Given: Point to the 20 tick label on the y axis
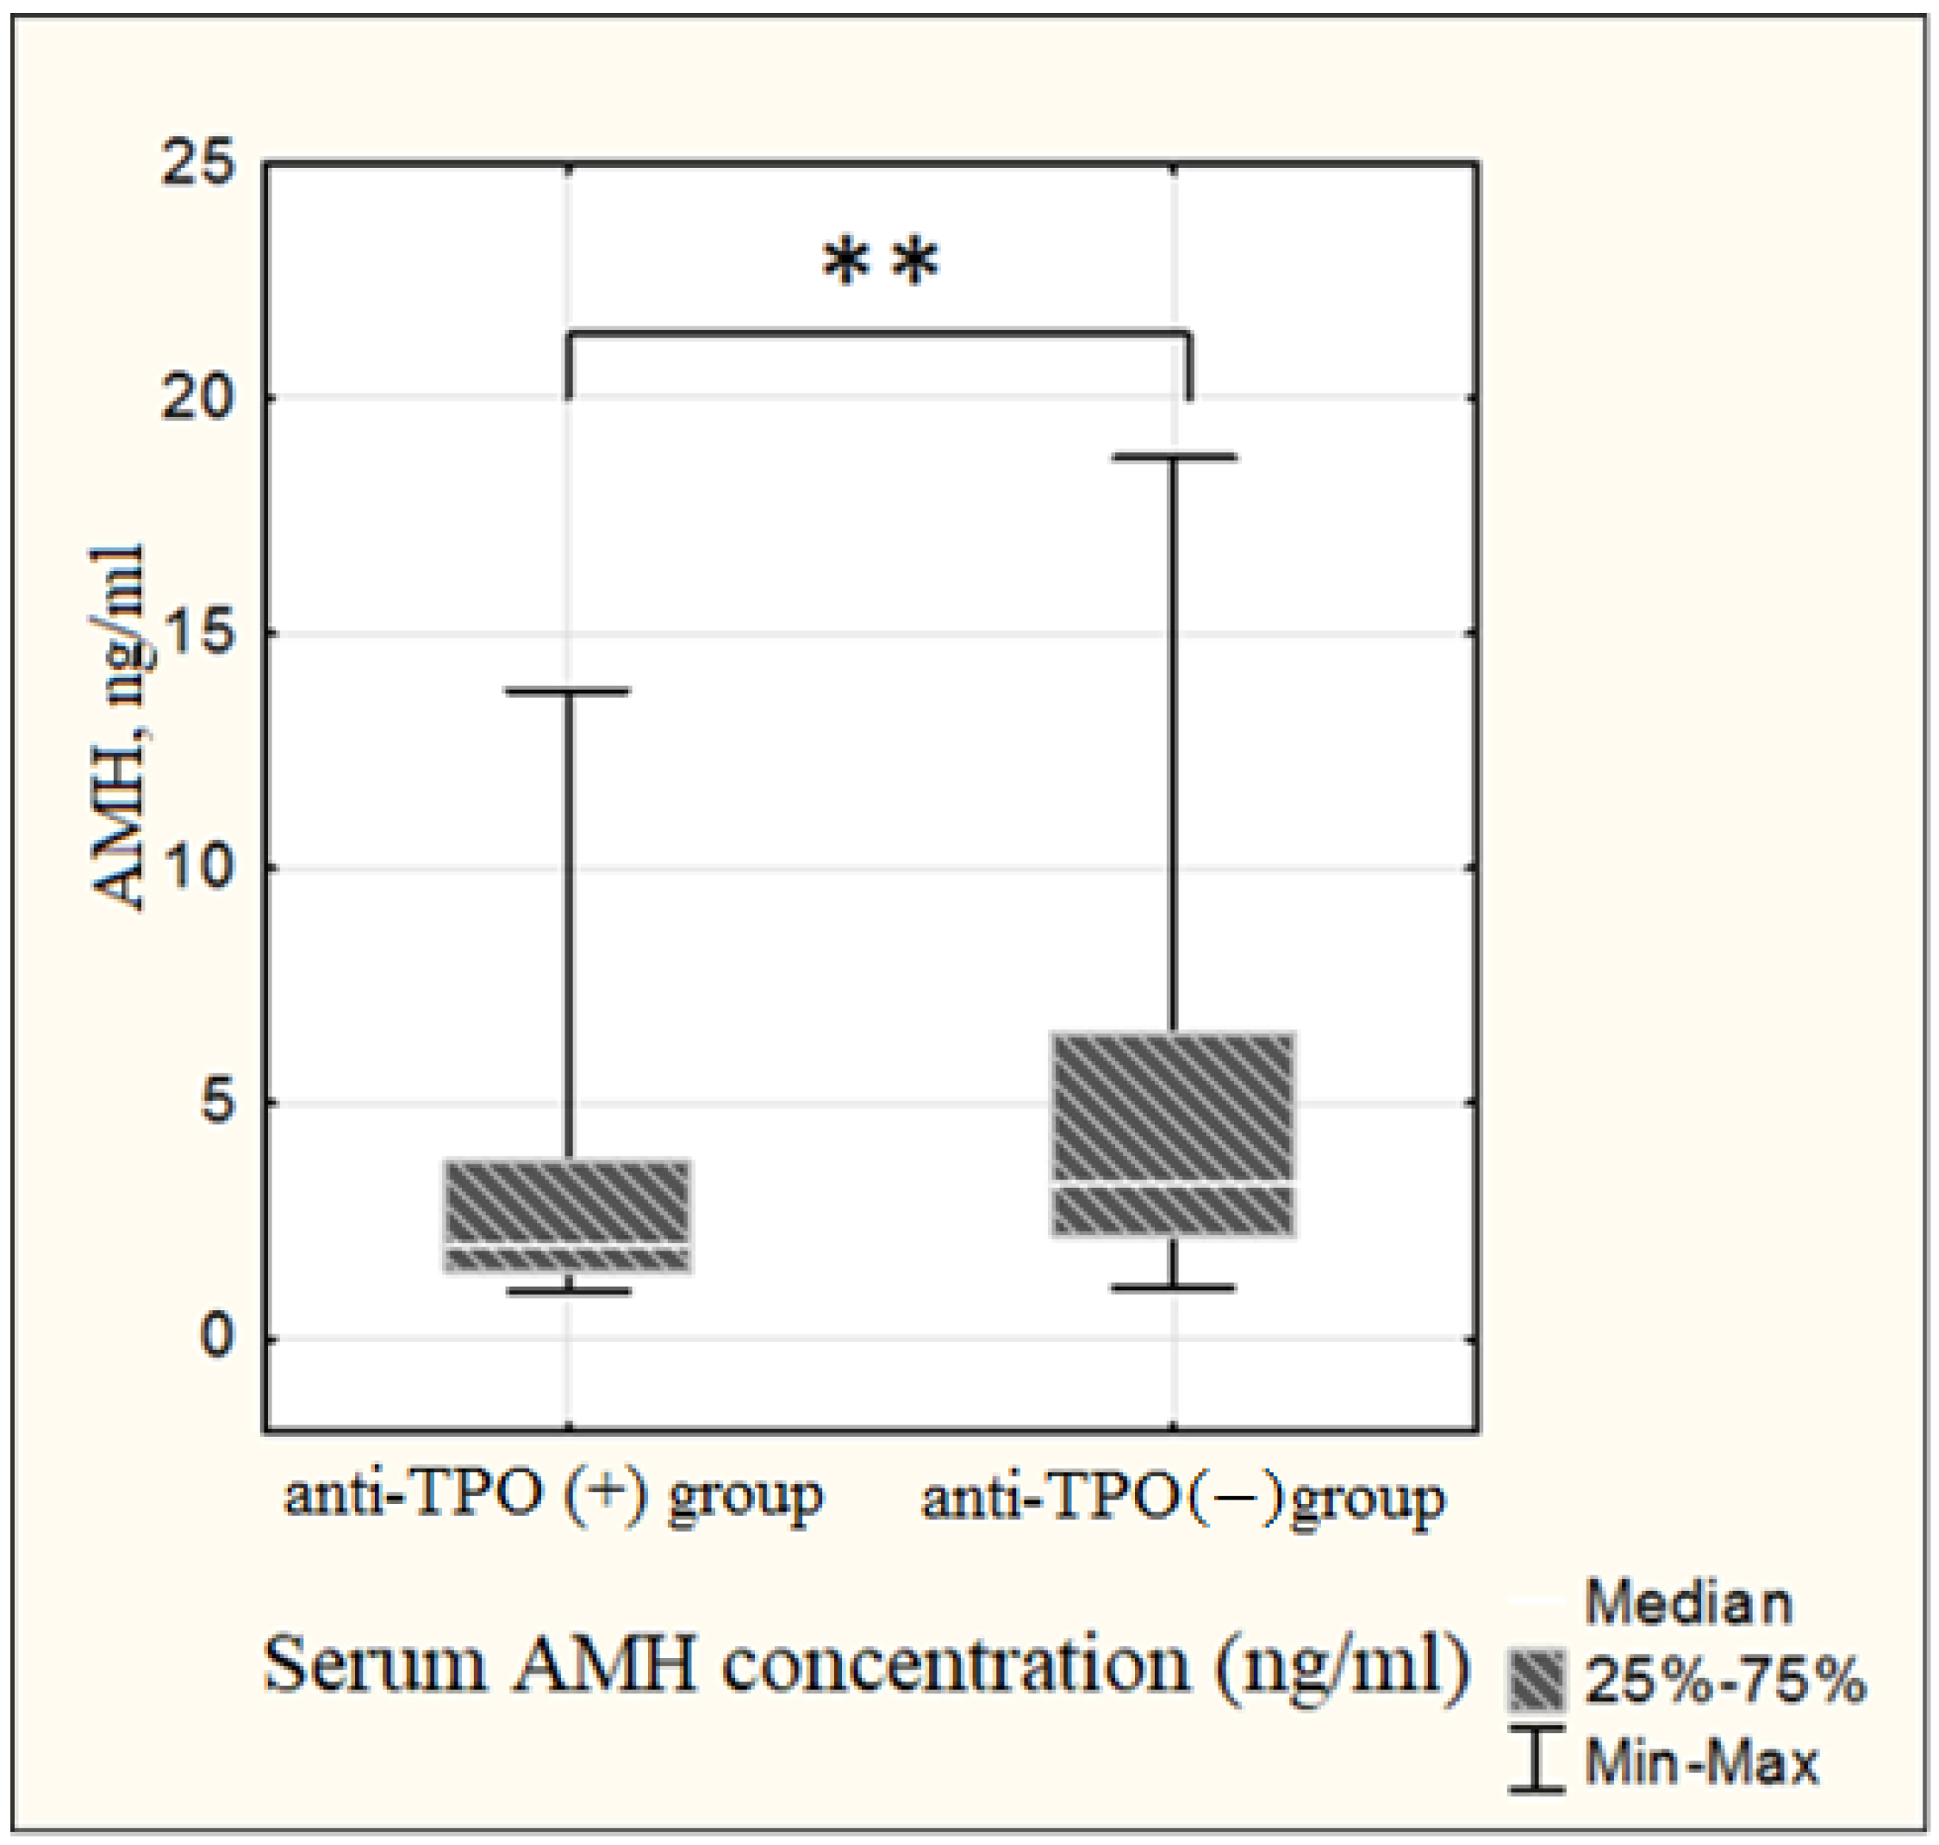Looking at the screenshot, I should pyautogui.click(x=201, y=397).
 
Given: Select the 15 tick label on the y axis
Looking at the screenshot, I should pyautogui.click(x=201, y=632).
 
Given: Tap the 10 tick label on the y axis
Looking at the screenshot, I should pyautogui.click(x=201, y=867).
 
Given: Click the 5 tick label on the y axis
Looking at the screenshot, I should pyautogui.click(x=218, y=1103).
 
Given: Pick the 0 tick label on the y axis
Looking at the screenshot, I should pyautogui.click(x=218, y=1338).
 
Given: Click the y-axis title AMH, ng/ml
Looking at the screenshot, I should pyautogui.click(x=118, y=728).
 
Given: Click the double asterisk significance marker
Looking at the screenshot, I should pyautogui.click(x=881, y=264).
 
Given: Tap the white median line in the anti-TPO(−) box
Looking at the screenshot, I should pyautogui.click(x=1173, y=1183).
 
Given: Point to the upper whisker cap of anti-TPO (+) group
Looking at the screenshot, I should pyautogui.click(x=569, y=692).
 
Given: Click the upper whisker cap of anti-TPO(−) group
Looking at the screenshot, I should pyautogui.click(x=1173, y=457).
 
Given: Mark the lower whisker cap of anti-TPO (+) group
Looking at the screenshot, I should pyautogui.click(x=569, y=1291).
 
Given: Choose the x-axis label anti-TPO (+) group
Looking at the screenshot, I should pyautogui.click(x=553, y=1497).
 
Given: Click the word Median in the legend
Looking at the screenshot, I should pyautogui.click(x=1688, y=1604).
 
